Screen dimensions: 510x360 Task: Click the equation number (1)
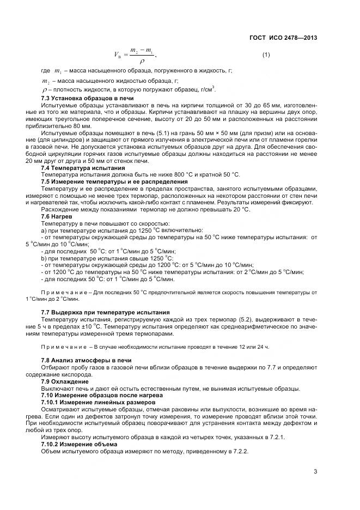[266, 55]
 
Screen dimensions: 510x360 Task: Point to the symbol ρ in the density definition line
[44, 89]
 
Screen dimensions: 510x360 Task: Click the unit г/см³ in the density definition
[205, 88]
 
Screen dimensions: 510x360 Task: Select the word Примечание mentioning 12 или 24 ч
[64, 347]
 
